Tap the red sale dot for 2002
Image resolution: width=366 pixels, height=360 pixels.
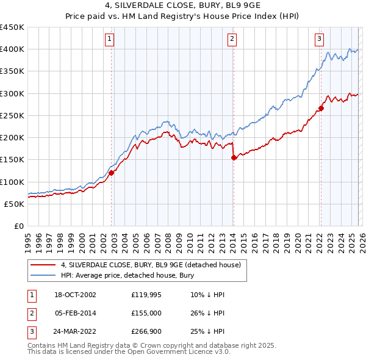[x=112, y=173]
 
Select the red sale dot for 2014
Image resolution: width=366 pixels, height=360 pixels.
[x=234, y=157]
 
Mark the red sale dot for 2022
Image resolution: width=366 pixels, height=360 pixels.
[x=321, y=109]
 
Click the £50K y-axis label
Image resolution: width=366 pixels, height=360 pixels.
[x=15, y=204]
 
